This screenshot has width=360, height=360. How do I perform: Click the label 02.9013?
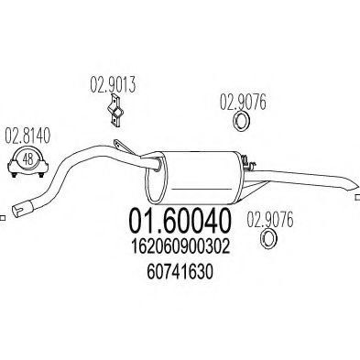113,89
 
